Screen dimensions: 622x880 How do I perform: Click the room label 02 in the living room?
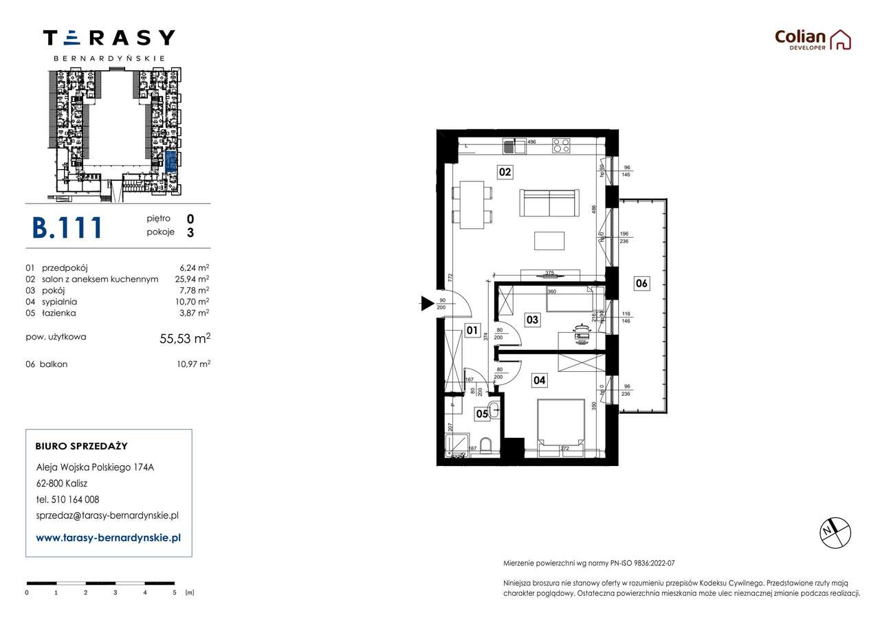[505, 172]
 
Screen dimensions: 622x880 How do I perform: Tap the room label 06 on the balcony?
[641, 283]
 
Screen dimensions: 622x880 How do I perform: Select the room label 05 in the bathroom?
[483, 413]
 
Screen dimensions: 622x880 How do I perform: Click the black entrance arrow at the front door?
[427, 303]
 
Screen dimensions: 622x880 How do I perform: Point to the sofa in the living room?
[548, 203]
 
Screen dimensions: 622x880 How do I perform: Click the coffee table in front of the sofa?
[549, 241]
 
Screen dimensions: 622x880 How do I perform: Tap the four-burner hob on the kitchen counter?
[561, 146]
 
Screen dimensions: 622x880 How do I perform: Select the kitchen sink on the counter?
[509, 146]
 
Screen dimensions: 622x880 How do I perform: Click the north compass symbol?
[835, 531]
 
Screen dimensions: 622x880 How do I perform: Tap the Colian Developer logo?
[813, 39]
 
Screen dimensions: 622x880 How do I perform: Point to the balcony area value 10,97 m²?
[193, 364]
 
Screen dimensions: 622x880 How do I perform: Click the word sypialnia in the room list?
[60, 302]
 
